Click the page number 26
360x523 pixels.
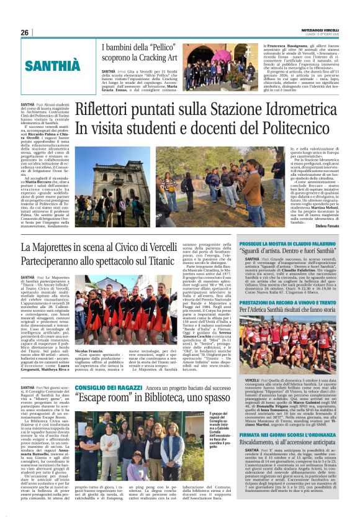pos(25,32)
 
